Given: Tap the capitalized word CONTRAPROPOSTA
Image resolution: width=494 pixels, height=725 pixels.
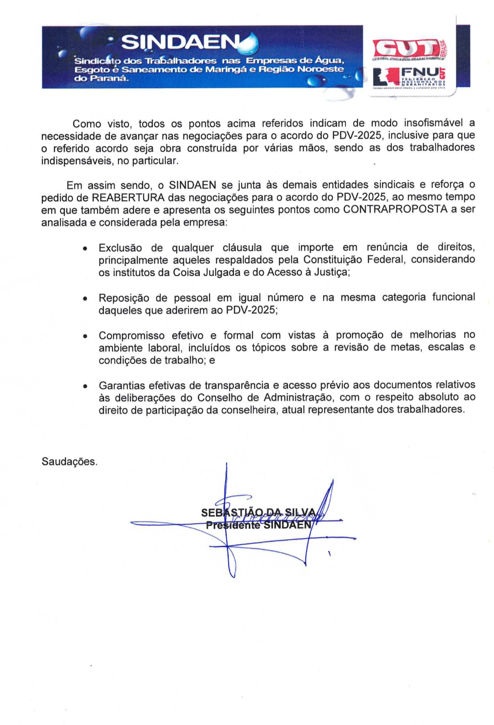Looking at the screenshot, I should point(395,210).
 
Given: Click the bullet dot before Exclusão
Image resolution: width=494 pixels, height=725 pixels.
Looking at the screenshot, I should point(85,249).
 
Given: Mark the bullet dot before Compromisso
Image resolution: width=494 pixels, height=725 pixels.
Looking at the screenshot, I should point(85,336).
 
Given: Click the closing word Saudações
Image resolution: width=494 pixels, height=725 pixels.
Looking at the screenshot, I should point(69,462).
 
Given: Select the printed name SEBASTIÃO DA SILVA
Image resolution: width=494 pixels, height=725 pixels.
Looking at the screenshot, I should point(259,513).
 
